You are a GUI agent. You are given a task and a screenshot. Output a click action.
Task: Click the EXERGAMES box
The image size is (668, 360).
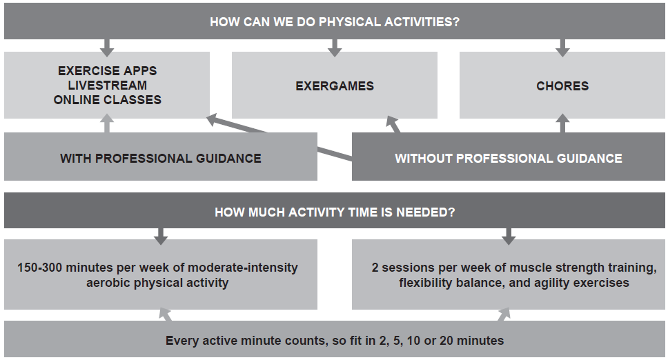[x=335, y=86]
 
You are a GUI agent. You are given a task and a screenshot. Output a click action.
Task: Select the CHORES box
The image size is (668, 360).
[x=562, y=86]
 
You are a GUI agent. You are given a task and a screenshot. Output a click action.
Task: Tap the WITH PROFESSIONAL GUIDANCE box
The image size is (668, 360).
[x=161, y=158]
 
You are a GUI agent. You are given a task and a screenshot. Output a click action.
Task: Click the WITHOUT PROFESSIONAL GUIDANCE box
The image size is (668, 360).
[x=508, y=158]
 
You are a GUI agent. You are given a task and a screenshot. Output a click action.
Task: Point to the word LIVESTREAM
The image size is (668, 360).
[x=107, y=86]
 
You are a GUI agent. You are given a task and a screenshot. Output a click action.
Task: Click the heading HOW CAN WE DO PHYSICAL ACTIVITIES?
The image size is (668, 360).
[x=335, y=22]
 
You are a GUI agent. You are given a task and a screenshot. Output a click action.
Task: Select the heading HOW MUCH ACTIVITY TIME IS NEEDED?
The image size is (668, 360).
[x=335, y=212]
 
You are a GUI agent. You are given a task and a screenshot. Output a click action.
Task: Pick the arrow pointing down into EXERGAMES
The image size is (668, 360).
[x=335, y=48]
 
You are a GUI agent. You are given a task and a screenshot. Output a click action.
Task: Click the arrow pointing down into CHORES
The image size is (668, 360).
[x=562, y=48]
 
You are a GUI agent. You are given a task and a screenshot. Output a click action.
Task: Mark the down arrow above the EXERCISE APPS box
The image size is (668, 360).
[x=107, y=48]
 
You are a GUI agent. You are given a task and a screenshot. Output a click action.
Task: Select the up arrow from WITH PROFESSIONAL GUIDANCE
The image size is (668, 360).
[x=107, y=124]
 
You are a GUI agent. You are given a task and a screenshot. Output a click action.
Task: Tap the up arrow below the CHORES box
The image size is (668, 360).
[x=562, y=124]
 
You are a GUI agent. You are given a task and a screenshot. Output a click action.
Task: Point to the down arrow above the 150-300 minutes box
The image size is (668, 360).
[x=161, y=236]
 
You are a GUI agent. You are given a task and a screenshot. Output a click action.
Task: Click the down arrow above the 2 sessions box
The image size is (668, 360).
[x=509, y=236]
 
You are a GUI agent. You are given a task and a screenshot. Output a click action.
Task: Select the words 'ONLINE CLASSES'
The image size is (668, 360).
[x=107, y=99]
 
